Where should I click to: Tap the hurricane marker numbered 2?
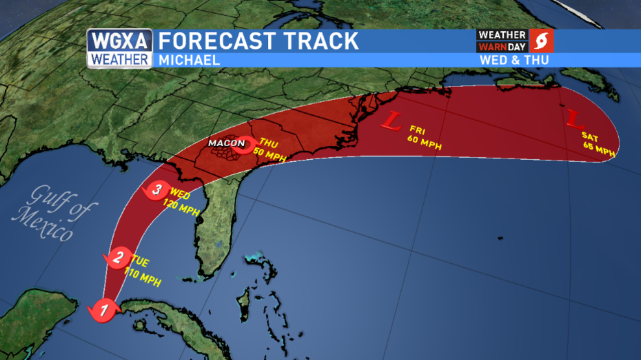point(118,257)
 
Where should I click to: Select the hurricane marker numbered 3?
point(156,190)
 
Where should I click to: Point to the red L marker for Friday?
point(393,121)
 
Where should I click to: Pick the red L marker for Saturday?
point(574,119)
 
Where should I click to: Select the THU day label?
point(268,142)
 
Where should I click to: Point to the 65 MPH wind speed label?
point(599,149)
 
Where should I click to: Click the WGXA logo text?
point(120,41)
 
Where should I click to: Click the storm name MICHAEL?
point(189,60)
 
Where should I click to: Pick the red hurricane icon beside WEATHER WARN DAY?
point(542,41)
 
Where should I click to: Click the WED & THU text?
point(514,60)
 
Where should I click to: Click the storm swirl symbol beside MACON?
point(246,144)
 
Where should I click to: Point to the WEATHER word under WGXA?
point(120,60)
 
